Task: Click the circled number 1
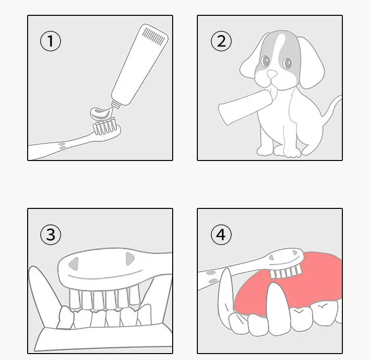50,41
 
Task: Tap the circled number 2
221,41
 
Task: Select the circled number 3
50,235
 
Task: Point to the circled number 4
221,235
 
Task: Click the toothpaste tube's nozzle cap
116,104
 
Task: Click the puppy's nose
272,74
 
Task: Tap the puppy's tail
332,106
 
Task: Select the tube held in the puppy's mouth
245,106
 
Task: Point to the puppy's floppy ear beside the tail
311,62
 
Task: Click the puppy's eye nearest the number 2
265,61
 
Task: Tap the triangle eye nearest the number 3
74,263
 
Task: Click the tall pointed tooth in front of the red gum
277,308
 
